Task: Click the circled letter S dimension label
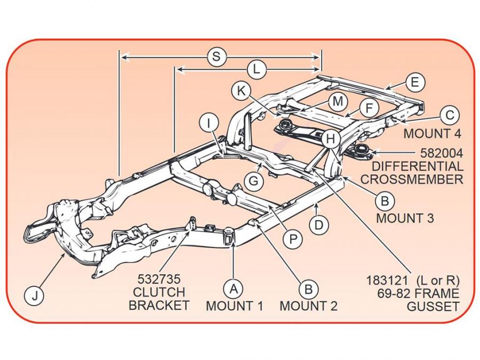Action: (x=216, y=57)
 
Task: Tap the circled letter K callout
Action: (x=241, y=91)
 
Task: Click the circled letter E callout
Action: (x=414, y=83)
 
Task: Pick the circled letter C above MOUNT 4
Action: (x=450, y=115)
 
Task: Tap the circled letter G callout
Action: (x=254, y=181)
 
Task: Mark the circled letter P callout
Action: (x=292, y=239)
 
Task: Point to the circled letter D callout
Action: (x=318, y=225)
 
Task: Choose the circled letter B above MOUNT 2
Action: (x=308, y=289)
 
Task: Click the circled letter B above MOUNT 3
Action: (x=384, y=201)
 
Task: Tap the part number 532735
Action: (x=159, y=278)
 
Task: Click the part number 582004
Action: (x=441, y=153)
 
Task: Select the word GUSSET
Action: (x=433, y=306)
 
